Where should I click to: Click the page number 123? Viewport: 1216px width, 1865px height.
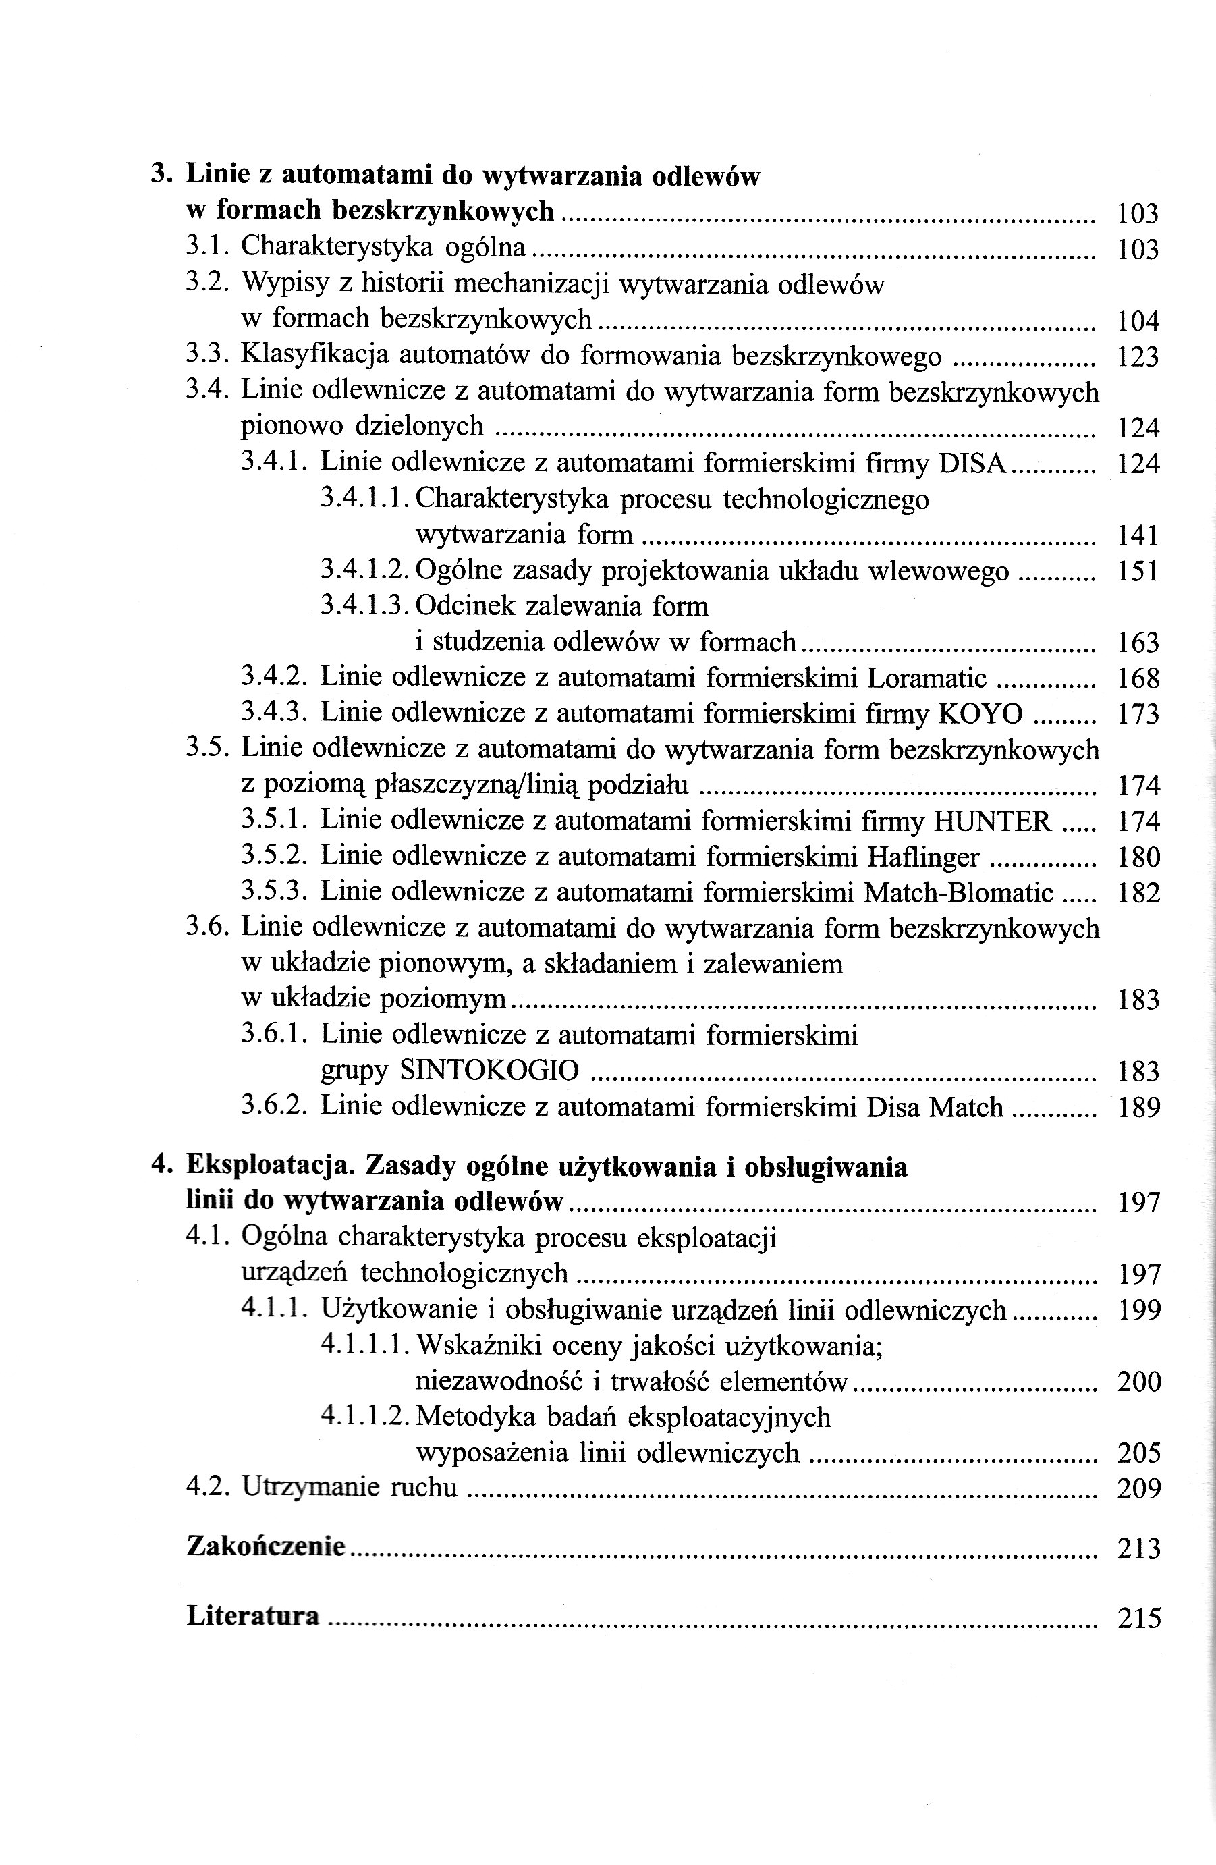1138,357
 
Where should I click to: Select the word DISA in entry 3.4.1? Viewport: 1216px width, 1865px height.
972,464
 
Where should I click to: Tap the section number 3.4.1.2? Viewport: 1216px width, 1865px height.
365,570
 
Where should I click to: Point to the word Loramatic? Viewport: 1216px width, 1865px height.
927,678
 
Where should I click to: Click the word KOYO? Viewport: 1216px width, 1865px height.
981,714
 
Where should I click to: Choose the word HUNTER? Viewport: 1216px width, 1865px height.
991,821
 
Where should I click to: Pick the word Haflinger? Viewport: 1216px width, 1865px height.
923,857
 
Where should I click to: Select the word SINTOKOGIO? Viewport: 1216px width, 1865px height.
489,1071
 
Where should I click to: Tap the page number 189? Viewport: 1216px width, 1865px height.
1138,1107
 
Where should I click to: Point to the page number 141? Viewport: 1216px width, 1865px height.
1138,536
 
